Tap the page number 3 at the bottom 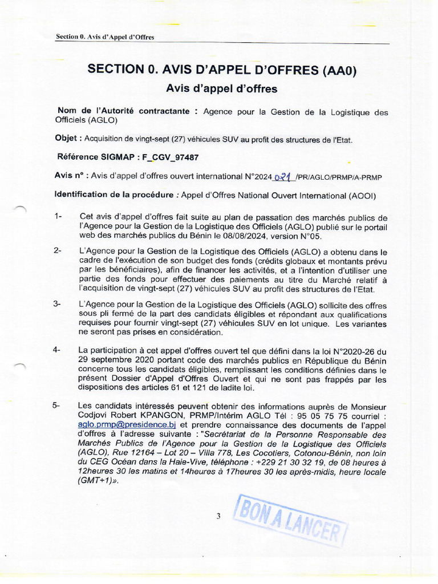218,517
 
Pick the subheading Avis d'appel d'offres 221,88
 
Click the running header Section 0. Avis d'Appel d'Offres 106,37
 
